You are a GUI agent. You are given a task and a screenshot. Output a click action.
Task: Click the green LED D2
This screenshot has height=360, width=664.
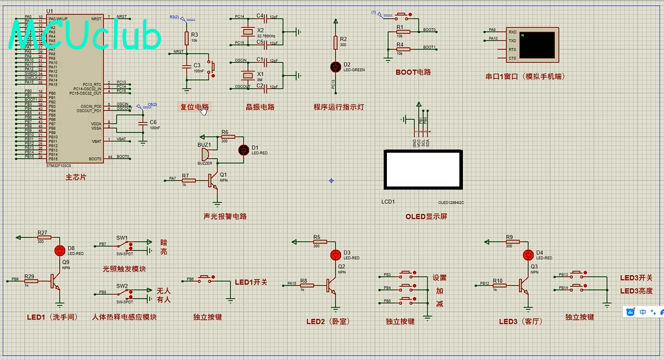335,66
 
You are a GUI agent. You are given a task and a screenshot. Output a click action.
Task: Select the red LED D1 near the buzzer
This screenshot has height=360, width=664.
244,150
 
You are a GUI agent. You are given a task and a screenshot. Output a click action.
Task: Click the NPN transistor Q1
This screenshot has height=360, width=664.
216,180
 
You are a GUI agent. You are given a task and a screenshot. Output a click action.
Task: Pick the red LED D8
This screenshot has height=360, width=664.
60,250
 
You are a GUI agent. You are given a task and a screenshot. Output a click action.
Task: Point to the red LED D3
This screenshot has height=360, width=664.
336,255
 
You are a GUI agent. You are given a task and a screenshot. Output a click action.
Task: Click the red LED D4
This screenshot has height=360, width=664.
528,255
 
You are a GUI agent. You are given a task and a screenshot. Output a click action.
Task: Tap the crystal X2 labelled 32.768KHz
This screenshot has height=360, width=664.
244,33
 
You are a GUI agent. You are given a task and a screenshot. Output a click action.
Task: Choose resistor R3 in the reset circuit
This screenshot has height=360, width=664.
186,37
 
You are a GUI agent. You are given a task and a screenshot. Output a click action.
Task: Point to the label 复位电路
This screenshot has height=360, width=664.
195,106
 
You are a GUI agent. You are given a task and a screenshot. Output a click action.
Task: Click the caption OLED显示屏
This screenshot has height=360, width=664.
426,216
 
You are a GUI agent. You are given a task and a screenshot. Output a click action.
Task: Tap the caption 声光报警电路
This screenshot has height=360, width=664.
225,216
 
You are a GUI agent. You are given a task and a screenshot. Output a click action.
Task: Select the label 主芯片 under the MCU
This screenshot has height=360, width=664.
75,177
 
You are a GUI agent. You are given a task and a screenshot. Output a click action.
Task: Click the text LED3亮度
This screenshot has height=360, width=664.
636,290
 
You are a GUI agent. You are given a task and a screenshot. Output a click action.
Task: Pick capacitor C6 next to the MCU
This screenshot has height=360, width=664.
143,124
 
